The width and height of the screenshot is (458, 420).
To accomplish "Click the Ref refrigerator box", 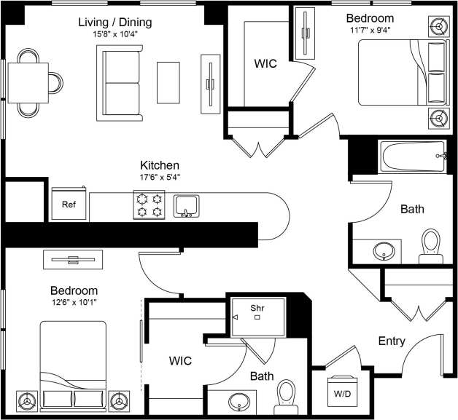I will click(x=69, y=205).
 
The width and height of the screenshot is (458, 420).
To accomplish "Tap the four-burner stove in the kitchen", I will click(x=149, y=205).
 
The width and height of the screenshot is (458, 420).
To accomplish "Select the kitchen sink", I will click(x=187, y=205).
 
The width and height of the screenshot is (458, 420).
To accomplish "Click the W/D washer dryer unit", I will click(x=341, y=394).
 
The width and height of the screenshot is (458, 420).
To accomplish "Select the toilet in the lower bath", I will click(x=286, y=396).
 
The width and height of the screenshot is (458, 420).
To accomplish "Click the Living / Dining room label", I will click(x=117, y=21).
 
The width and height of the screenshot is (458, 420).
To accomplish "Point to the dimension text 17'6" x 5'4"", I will click(x=160, y=177).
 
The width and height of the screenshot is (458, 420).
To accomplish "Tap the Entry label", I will click(x=392, y=341).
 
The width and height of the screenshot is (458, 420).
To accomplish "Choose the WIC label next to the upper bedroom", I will click(x=265, y=63).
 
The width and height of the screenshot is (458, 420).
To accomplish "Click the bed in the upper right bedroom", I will click(x=402, y=73).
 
